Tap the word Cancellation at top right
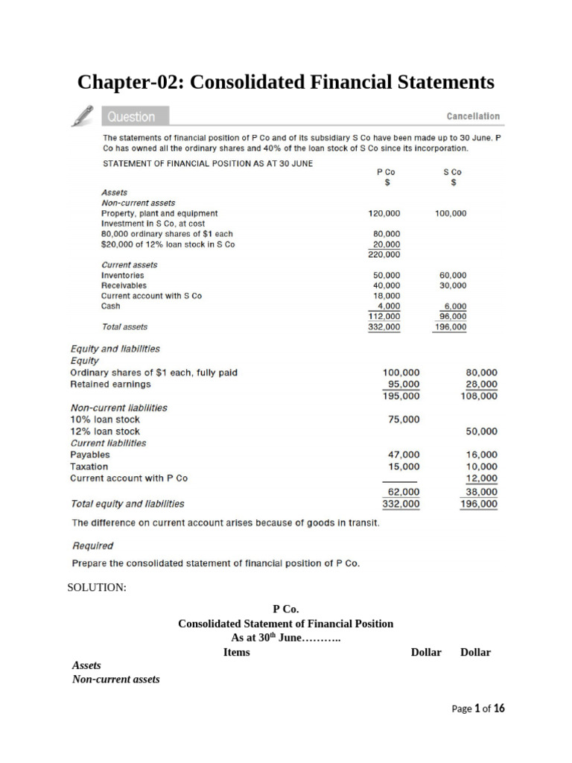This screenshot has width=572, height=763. pos(473,116)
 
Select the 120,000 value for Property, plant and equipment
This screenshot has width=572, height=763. pos(384,213)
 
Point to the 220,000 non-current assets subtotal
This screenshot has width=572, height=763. pos(384,254)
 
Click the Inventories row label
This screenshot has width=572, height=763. pos(123,275)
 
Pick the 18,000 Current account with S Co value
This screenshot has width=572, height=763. pos(387,296)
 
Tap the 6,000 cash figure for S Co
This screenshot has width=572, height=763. pos(454,306)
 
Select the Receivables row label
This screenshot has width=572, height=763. pos(124,285)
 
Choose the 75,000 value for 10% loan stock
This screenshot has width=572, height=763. pos(404,420)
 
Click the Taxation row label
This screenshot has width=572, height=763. pos(89,466)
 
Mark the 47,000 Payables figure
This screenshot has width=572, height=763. pos(404,455)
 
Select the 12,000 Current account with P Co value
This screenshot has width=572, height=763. pos(482,478)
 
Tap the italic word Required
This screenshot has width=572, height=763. pos(92,545)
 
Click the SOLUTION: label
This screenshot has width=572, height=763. pos(97,588)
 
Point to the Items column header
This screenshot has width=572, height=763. pos(237,652)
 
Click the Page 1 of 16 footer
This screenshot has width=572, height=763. pos(478,709)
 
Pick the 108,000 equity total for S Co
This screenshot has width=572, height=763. pos(479,396)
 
